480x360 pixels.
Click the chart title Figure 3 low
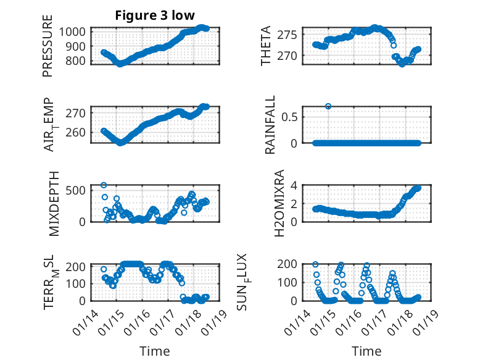[154, 16]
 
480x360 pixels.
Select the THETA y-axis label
[266, 47]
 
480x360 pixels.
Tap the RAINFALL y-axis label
[270, 125]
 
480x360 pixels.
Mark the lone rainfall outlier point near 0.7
[328, 106]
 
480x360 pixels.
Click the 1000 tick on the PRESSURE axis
[77, 31]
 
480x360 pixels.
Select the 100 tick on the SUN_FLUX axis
[291, 283]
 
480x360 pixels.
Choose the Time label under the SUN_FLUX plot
[366, 351]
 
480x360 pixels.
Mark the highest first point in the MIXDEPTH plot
[104, 185]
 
